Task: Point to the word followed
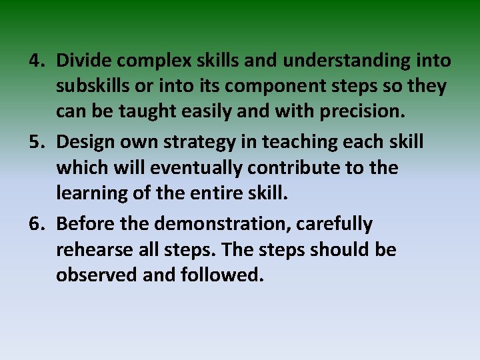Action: tap(223, 275)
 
